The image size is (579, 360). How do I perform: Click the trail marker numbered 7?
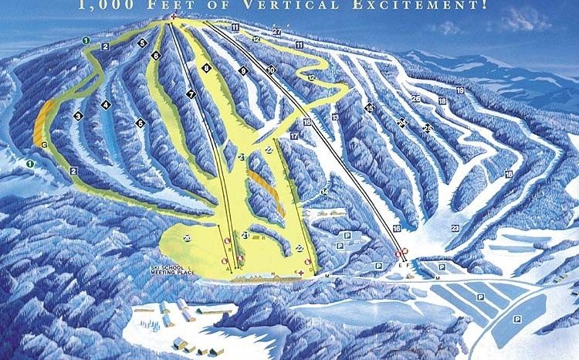(190, 93)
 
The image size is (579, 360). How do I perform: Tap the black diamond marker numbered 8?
(207, 69)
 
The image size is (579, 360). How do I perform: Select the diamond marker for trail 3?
(78, 116)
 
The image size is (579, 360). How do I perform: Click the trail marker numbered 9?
(242, 71)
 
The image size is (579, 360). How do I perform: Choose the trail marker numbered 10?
(271, 71)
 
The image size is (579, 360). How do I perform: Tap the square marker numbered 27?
(276, 31)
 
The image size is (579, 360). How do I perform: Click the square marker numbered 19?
(460, 90)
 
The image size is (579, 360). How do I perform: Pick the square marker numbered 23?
(455, 227)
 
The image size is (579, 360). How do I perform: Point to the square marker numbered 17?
(293, 136)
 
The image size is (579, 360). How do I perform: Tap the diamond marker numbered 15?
(369, 108)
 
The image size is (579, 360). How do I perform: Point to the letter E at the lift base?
(400, 265)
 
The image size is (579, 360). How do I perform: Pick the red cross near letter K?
(301, 272)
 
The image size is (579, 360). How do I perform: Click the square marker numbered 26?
(415, 98)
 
